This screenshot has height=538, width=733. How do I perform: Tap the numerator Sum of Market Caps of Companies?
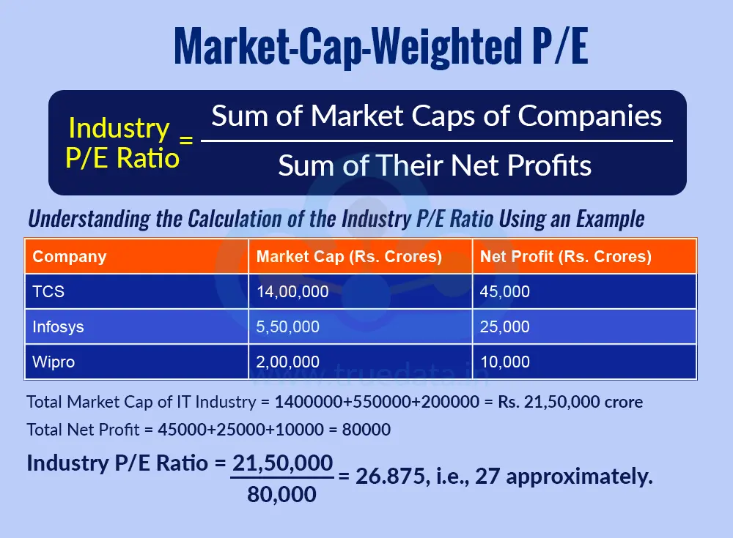(x=436, y=116)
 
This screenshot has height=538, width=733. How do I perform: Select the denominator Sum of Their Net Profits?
(x=435, y=166)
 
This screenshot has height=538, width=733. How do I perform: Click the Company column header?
(x=70, y=256)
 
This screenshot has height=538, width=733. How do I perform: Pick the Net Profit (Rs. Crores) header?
(x=566, y=256)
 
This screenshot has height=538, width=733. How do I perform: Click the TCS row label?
(x=49, y=291)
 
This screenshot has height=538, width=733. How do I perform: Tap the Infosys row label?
(x=59, y=326)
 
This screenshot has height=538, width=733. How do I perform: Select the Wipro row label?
(x=54, y=362)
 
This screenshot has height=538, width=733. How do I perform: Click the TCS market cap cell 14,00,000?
(x=292, y=291)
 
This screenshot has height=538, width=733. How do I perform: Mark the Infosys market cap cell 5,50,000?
(x=288, y=326)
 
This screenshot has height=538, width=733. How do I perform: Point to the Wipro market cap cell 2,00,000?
(x=288, y=362)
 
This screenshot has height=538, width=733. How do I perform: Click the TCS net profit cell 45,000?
(x=504, y=291)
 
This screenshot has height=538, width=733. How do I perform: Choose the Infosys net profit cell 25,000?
(x=504, y=326)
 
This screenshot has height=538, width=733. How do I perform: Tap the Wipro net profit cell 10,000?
(x=504, y=362)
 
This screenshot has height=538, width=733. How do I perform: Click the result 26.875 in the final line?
(x=390, y=477)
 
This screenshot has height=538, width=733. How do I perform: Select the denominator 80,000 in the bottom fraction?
(x=282, y=495)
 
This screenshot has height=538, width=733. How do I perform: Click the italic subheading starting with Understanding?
(x=336, y=218)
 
